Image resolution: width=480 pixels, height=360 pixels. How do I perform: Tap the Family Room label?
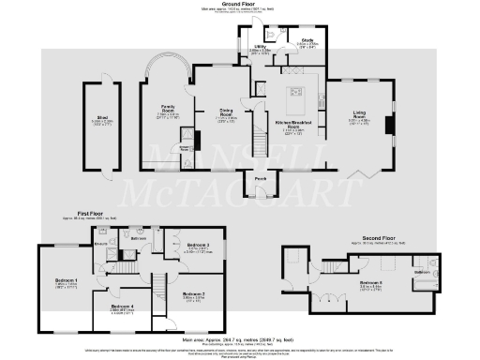click(x=169, y=107)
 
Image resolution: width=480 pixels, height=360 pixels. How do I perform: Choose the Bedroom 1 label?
click(x=66, y=280)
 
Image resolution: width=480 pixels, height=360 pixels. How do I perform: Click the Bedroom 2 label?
click(x=193, y=294)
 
